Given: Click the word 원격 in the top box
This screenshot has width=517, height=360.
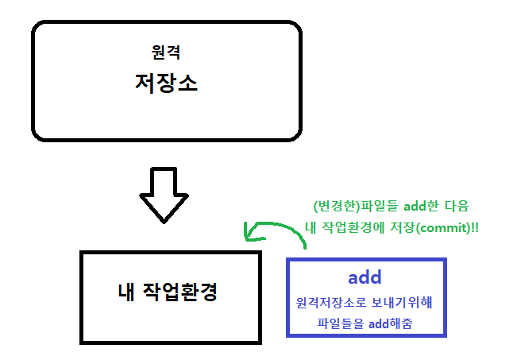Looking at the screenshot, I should (x=166, y=53).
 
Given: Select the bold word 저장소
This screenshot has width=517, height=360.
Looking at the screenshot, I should (x=166, y=83).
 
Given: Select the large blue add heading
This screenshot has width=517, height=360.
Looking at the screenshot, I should (x=365, y=278).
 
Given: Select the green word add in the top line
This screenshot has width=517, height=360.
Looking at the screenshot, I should (x=416, y=206).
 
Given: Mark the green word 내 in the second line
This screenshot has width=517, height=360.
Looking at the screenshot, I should (x=311, y=226).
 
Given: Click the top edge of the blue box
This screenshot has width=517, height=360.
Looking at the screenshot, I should (x=365, y=259).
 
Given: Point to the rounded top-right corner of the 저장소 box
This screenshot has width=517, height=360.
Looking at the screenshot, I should (x=295, y=29).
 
